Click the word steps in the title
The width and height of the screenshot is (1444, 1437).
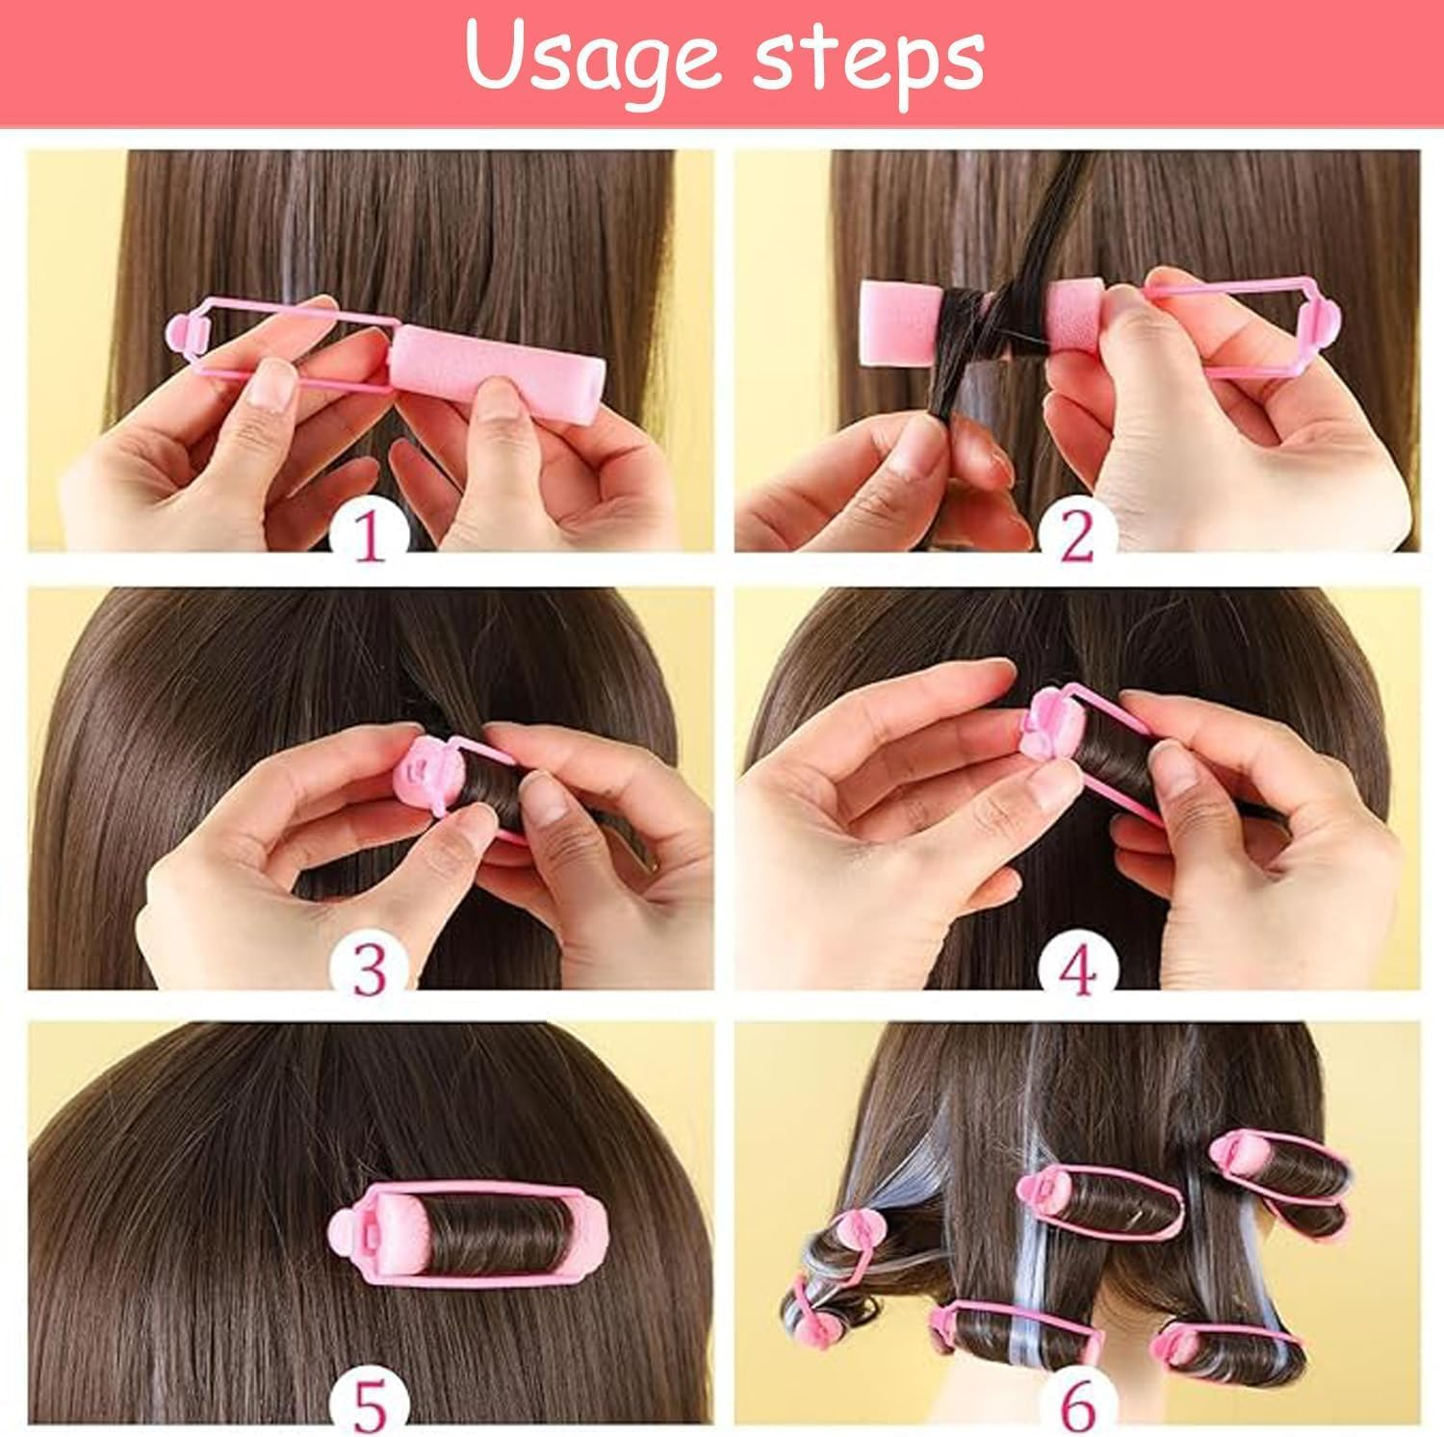coord(866,60)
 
